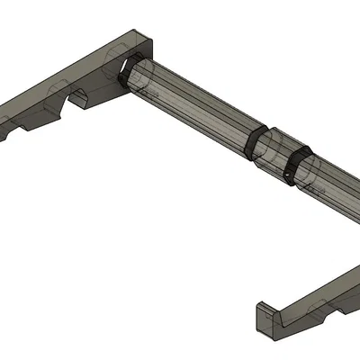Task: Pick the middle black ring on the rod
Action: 258,145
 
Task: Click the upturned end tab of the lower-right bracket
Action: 263,320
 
